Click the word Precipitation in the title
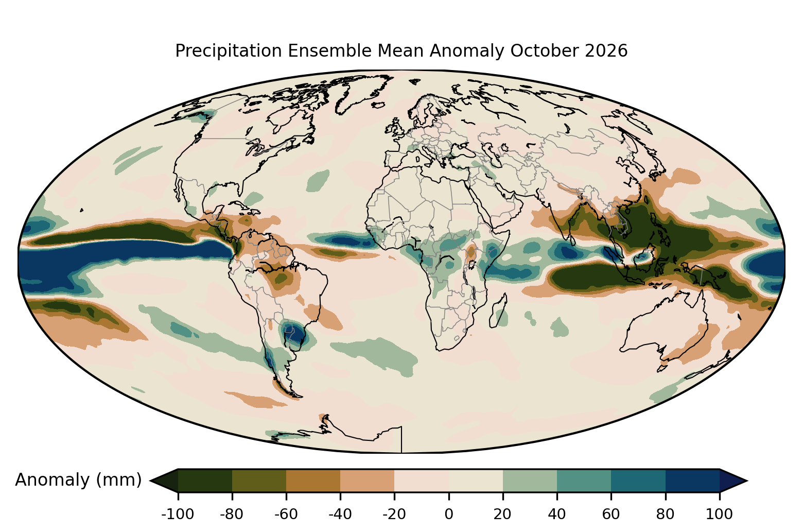point(229,51)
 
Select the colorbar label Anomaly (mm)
point(78,479)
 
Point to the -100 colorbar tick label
point(178,515)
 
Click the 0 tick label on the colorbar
point(448,515)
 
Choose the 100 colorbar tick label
point(719,515)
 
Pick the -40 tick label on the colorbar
point(340,515)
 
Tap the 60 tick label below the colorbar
point(611,515)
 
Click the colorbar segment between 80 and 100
point(693,481)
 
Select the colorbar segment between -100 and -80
point(205,481)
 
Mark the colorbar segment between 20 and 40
point(530,481)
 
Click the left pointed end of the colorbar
point(150,481)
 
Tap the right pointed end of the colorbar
point(747,481)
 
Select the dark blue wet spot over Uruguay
point(295,334)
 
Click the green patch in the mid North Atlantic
point(318,180)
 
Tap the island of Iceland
point(378,105)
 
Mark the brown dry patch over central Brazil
point(283,278)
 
